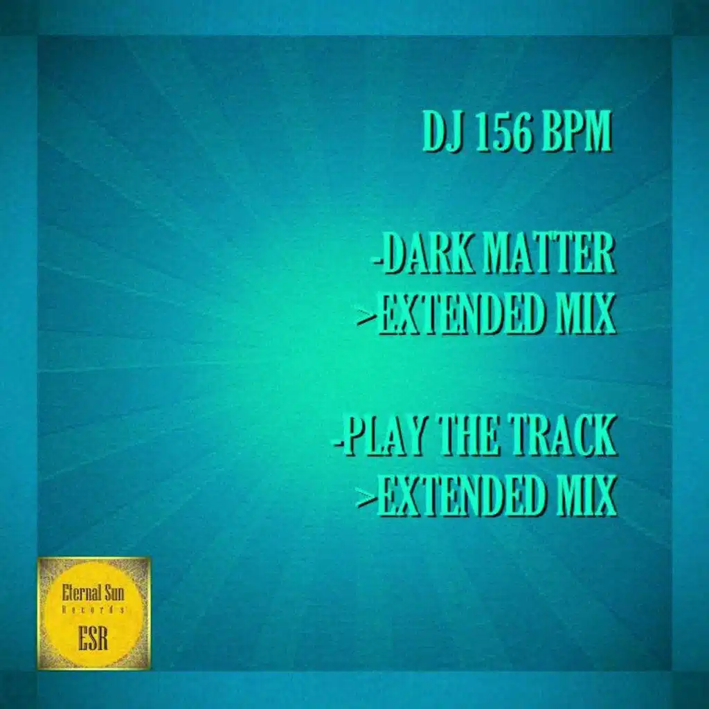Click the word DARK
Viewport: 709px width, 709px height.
coord(428,255)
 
